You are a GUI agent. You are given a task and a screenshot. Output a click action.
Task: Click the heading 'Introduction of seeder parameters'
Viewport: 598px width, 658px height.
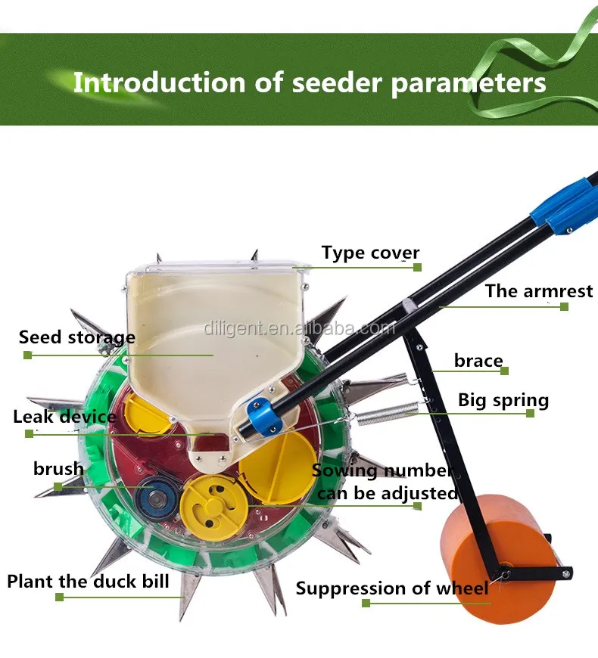click(309, 82)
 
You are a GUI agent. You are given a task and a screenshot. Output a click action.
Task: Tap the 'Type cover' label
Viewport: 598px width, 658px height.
click(370, 253)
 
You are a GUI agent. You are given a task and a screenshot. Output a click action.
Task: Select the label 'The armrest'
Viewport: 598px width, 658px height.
click(538, 291)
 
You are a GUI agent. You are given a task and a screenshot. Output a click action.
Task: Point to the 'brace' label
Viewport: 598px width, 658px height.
click(478, 361)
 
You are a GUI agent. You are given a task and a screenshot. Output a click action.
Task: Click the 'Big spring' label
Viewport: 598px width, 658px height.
click(503, 400)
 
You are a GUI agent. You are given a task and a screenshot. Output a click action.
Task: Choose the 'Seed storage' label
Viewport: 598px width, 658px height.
click(77, 337)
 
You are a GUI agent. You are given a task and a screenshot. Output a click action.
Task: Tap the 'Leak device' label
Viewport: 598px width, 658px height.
click(65, 417)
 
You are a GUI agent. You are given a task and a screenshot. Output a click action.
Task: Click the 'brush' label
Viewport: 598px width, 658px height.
click(58, 469)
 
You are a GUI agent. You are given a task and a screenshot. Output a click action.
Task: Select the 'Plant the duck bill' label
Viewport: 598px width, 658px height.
click(89, 582)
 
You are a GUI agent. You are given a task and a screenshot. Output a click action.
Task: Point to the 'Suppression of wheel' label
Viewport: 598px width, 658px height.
click(392, 588)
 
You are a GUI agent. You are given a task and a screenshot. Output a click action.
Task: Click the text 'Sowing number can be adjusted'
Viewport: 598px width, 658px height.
click(385, 482)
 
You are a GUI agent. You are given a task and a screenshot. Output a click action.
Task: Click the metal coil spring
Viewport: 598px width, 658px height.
click(386, 414)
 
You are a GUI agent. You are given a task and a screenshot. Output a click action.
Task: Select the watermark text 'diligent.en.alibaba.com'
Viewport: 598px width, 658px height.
click(299, 328)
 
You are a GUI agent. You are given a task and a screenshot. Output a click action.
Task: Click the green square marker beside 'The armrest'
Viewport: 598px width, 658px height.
click(564, 306)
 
